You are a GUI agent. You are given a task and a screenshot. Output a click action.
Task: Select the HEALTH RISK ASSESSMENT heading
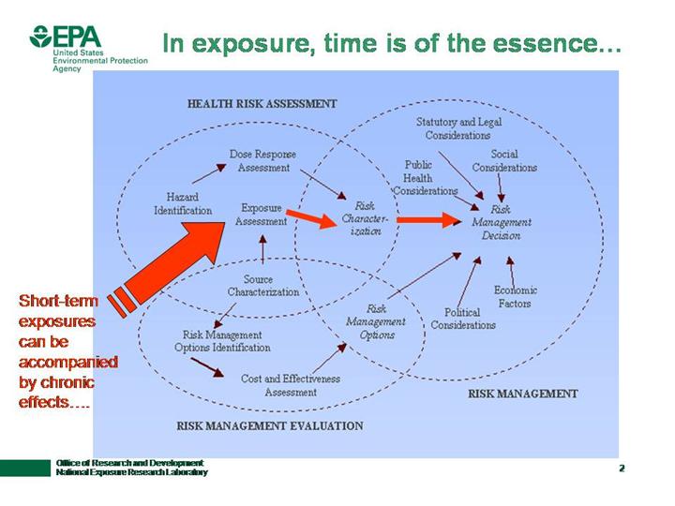coord(262,104)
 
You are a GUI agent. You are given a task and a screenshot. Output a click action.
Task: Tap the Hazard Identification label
coord(183,203)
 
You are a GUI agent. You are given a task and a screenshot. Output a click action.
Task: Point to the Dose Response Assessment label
coord(260,160)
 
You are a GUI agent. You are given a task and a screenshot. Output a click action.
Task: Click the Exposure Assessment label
coord(261,215)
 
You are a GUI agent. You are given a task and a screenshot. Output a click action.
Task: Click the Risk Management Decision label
coord(501,223)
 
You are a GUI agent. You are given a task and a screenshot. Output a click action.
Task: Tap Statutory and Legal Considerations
coord(457,128)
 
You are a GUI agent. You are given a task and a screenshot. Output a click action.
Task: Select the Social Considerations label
coord(504,160)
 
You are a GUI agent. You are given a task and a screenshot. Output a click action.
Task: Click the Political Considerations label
coord(462,319)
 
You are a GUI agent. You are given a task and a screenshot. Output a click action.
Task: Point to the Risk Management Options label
coord(376,321)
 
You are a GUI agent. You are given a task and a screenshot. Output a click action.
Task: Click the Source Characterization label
coord(262,285)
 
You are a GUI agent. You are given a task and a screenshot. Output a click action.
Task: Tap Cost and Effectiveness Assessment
coord(290,385)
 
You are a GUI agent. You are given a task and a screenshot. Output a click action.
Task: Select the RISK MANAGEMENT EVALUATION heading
coord(269,425)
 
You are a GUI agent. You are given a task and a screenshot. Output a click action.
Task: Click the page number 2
coord(622,467)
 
